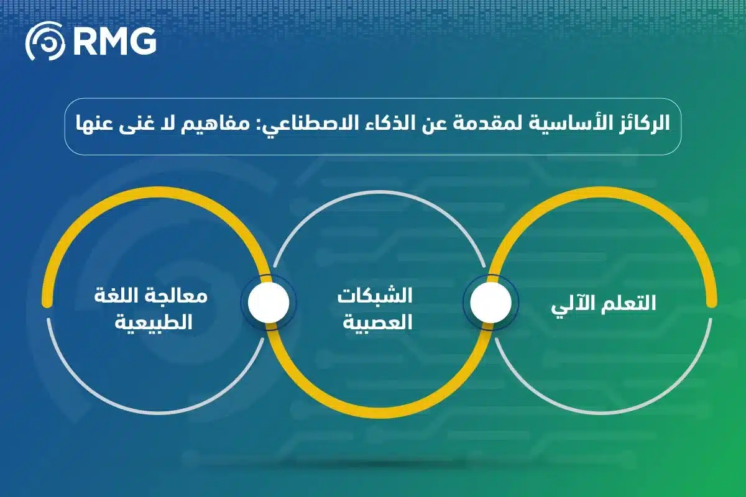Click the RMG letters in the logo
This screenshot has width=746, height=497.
click(x=115, y=41)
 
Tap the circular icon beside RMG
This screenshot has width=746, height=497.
click(x=45, y=42)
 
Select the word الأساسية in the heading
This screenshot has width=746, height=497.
click(x=573, y=123)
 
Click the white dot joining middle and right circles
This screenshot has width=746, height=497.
click(x=490, y=303)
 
